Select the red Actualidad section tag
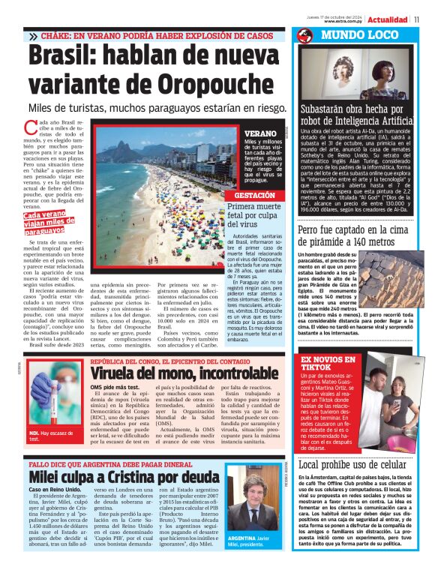point(388,18)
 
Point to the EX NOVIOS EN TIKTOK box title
point(328,364)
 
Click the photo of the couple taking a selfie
point(387,403)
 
